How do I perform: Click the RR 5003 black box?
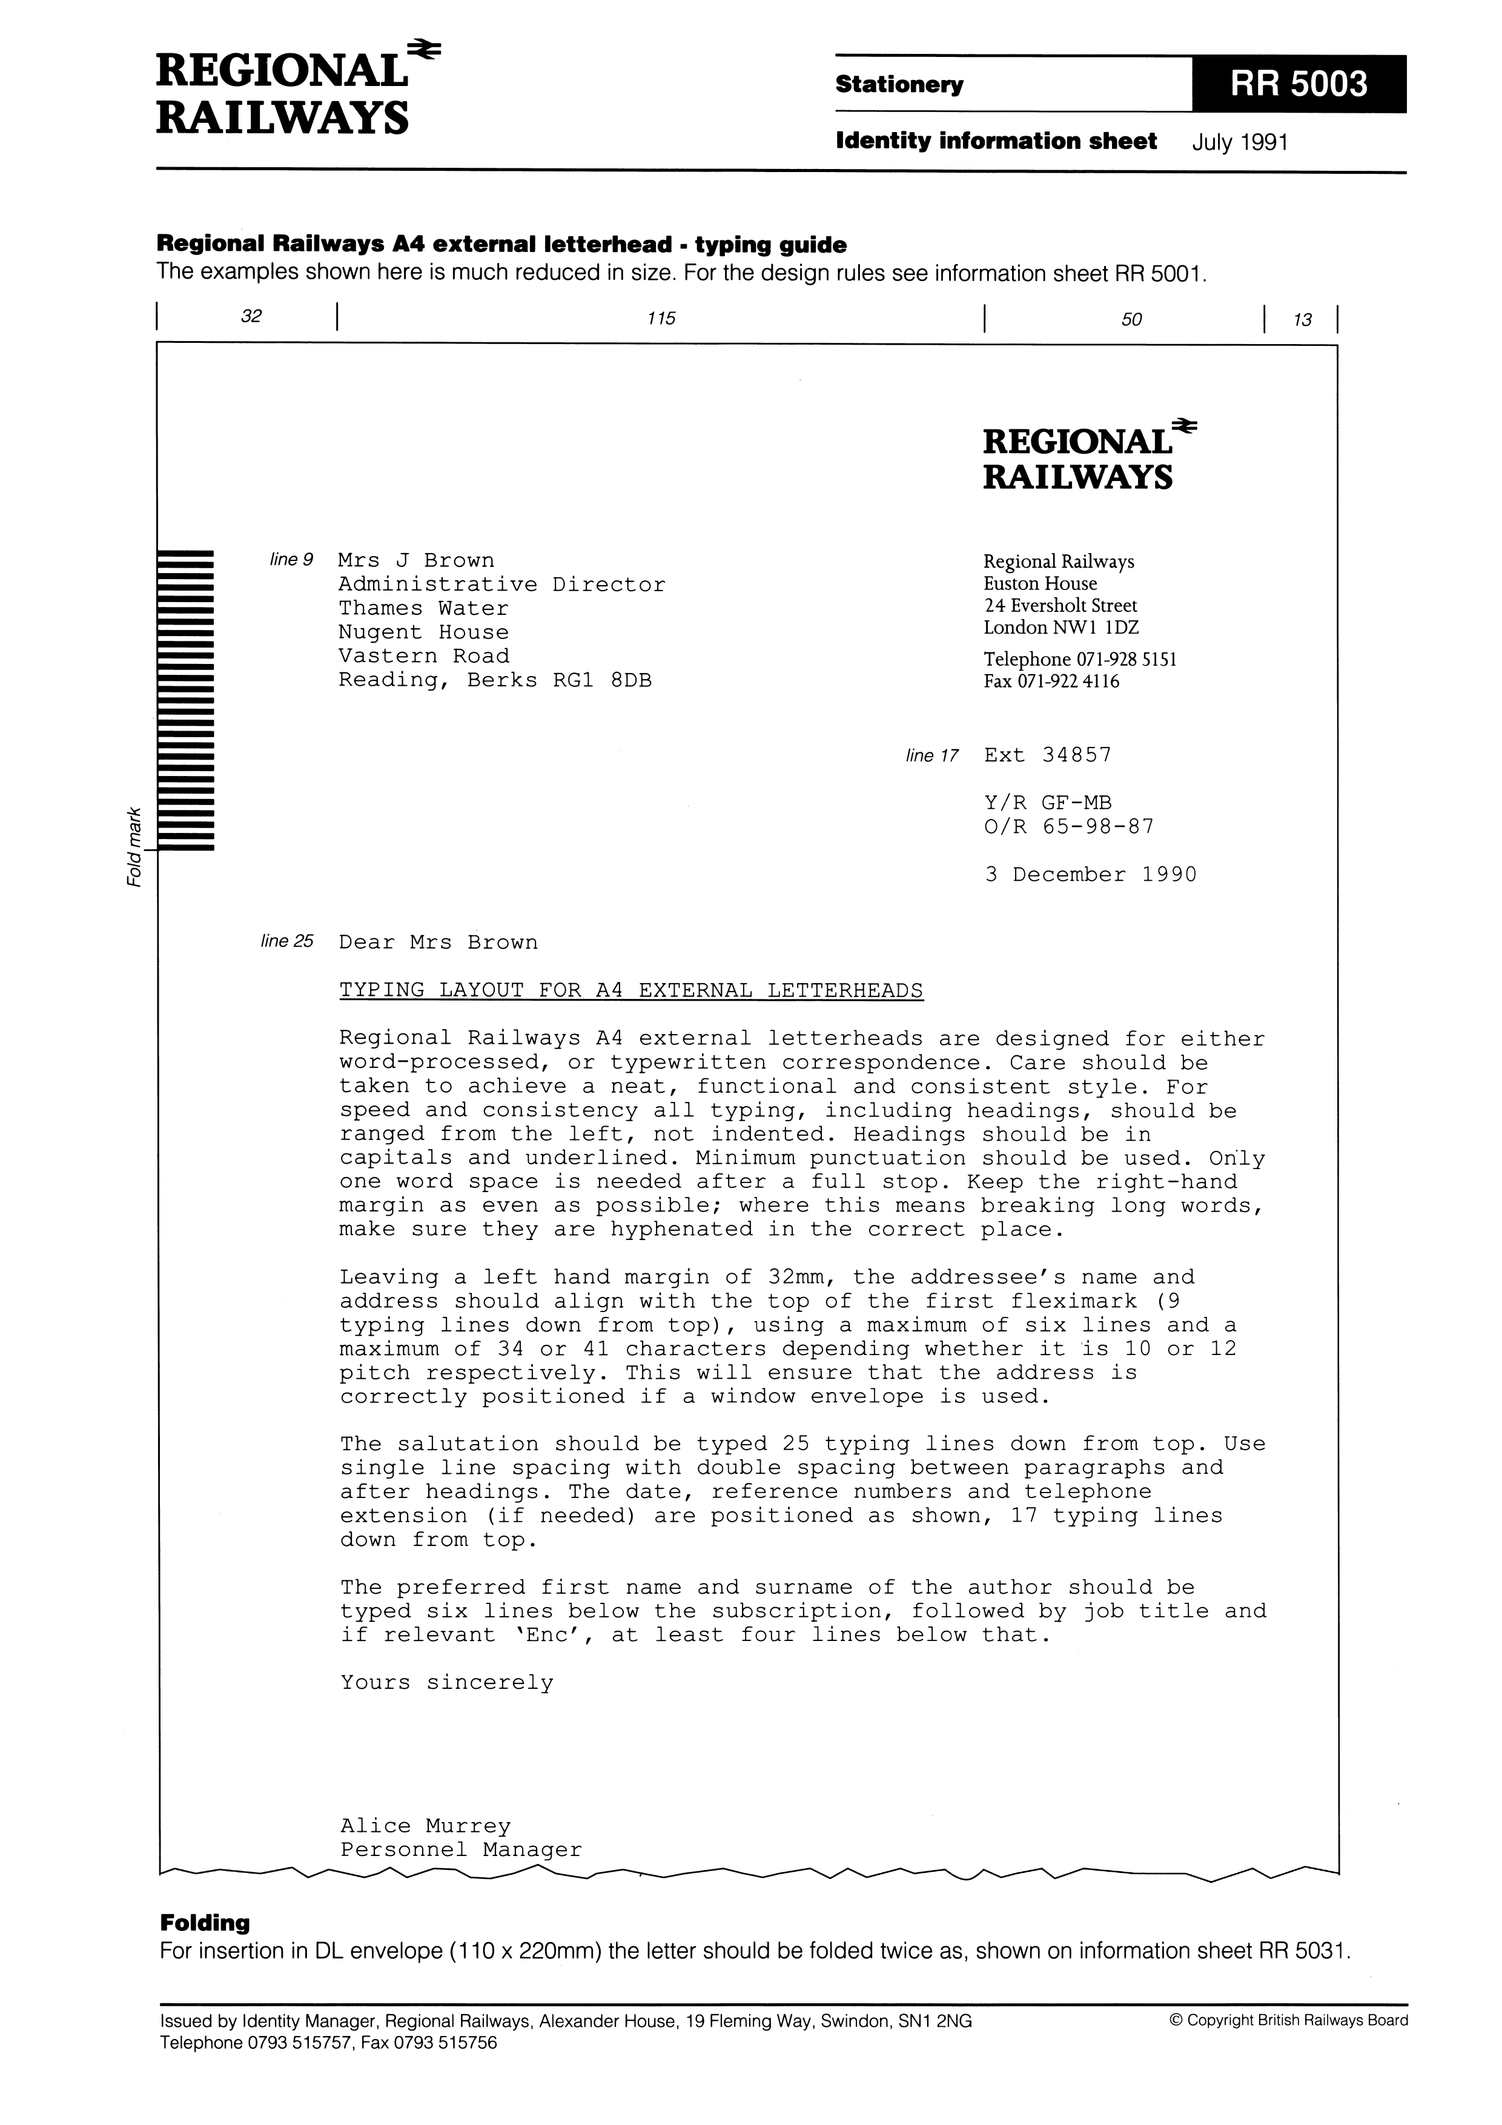click(1299, 84)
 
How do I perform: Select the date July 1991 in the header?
click(1240, 142)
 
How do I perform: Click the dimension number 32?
click(251, 317)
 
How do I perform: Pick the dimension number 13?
click(1302, 320)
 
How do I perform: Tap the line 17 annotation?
click(932, 756)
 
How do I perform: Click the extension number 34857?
click(1076, 754)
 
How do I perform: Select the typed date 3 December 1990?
click(1090, 875)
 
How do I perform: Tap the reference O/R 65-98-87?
click(1069, 826)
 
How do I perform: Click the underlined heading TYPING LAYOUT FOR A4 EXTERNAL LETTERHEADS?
click(631, 990)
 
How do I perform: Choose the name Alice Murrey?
click(425, 1826)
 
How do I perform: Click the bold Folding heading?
click(205, 1923)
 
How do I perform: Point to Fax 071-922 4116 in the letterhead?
click(1050, 682)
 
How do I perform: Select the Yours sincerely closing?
click(446, 1683)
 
